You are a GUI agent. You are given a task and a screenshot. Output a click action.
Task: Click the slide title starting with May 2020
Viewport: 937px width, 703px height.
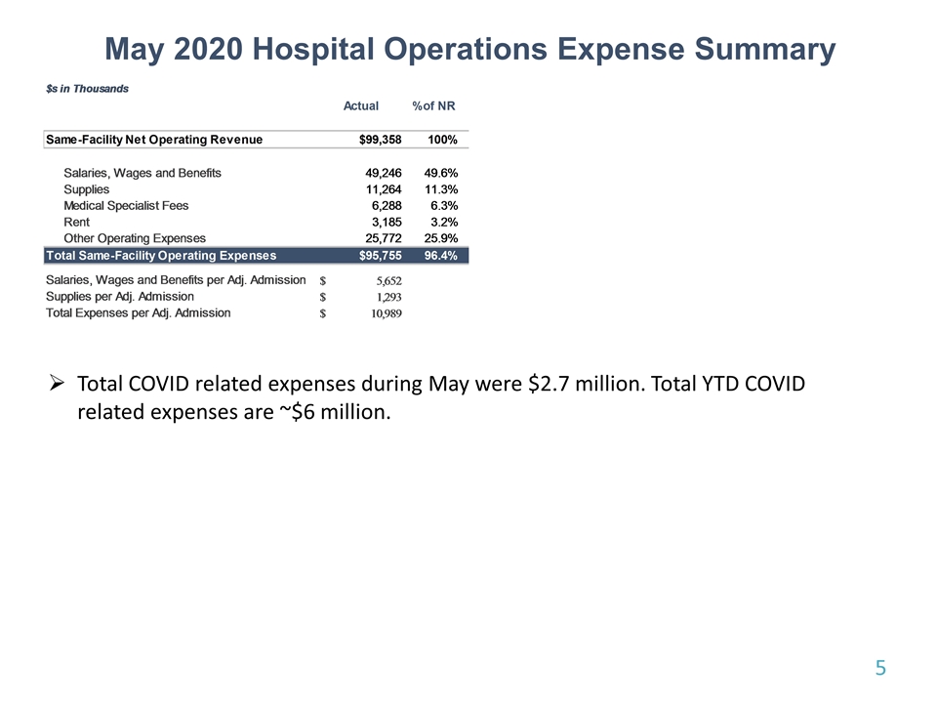(x=469, y=50)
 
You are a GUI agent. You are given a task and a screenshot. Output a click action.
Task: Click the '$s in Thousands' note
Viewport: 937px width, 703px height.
(x=88, y=88)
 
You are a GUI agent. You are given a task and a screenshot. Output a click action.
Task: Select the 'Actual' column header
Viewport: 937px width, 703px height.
(x=361, y=105)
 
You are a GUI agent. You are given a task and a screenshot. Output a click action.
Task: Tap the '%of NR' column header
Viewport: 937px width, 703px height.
(x=434, y=105)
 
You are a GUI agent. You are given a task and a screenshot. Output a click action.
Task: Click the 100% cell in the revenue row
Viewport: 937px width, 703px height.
(x=442, y=140)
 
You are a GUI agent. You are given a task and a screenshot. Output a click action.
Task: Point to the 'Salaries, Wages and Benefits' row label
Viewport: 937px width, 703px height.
(x=143, y=173)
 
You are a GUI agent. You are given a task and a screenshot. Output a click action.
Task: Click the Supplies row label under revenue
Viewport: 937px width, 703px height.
(x=87, y=189)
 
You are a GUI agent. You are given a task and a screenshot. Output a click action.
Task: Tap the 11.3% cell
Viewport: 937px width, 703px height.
(x=441, y=189)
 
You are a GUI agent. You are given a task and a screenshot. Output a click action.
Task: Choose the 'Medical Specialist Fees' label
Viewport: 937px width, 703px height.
(x=126, y=206)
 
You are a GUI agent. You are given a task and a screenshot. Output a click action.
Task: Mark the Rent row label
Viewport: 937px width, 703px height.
(x=76, y=223)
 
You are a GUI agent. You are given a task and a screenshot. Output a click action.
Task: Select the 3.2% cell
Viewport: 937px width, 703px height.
(x=444, y=223)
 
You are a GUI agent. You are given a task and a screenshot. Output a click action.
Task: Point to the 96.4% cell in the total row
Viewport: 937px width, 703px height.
(x=441, y=256)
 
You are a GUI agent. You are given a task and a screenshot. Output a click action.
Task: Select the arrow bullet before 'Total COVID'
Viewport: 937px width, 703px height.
(x=58, y=384)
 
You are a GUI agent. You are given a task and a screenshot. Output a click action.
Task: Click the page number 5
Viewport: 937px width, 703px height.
(x=880, y=668)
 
